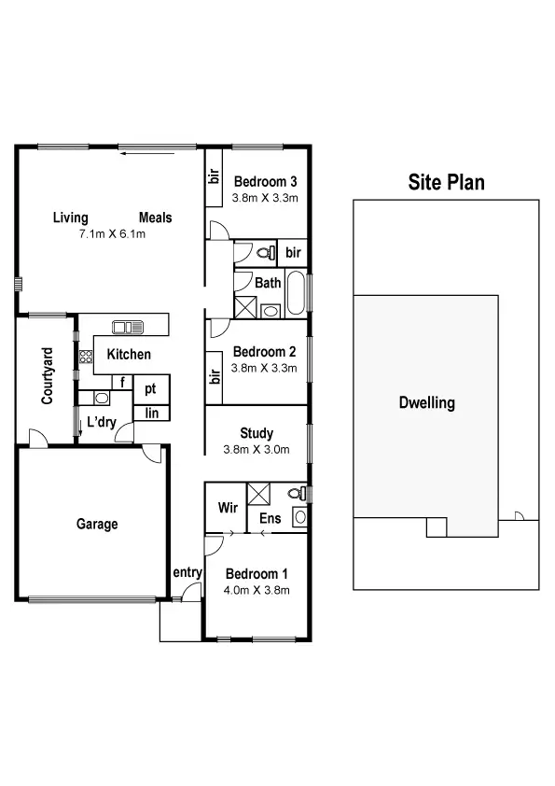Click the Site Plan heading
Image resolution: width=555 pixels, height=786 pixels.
point(446,182)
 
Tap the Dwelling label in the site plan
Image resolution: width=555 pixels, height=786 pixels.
point(426,403)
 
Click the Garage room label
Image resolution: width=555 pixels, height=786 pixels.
point(97,525)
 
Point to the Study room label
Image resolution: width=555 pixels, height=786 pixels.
point(257,433)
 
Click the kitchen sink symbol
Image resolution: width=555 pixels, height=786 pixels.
point(128,328)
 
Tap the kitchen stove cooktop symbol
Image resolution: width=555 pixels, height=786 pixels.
point(86,356)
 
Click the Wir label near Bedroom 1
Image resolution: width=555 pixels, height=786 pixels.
point(226,508)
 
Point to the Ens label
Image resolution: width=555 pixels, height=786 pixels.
point(270,518)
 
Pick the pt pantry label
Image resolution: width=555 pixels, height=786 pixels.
point(150,388)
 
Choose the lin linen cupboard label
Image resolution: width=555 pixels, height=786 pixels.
point(151,413)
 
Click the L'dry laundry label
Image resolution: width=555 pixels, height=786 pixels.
point(100,422)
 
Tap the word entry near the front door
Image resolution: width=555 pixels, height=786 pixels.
point(187,572)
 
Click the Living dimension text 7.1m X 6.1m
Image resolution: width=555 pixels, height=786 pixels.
point(113,234)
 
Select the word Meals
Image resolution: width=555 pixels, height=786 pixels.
point(156,218)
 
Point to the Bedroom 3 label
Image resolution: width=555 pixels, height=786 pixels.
point(265,181)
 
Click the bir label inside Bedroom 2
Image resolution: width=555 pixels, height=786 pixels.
point(215,375)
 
